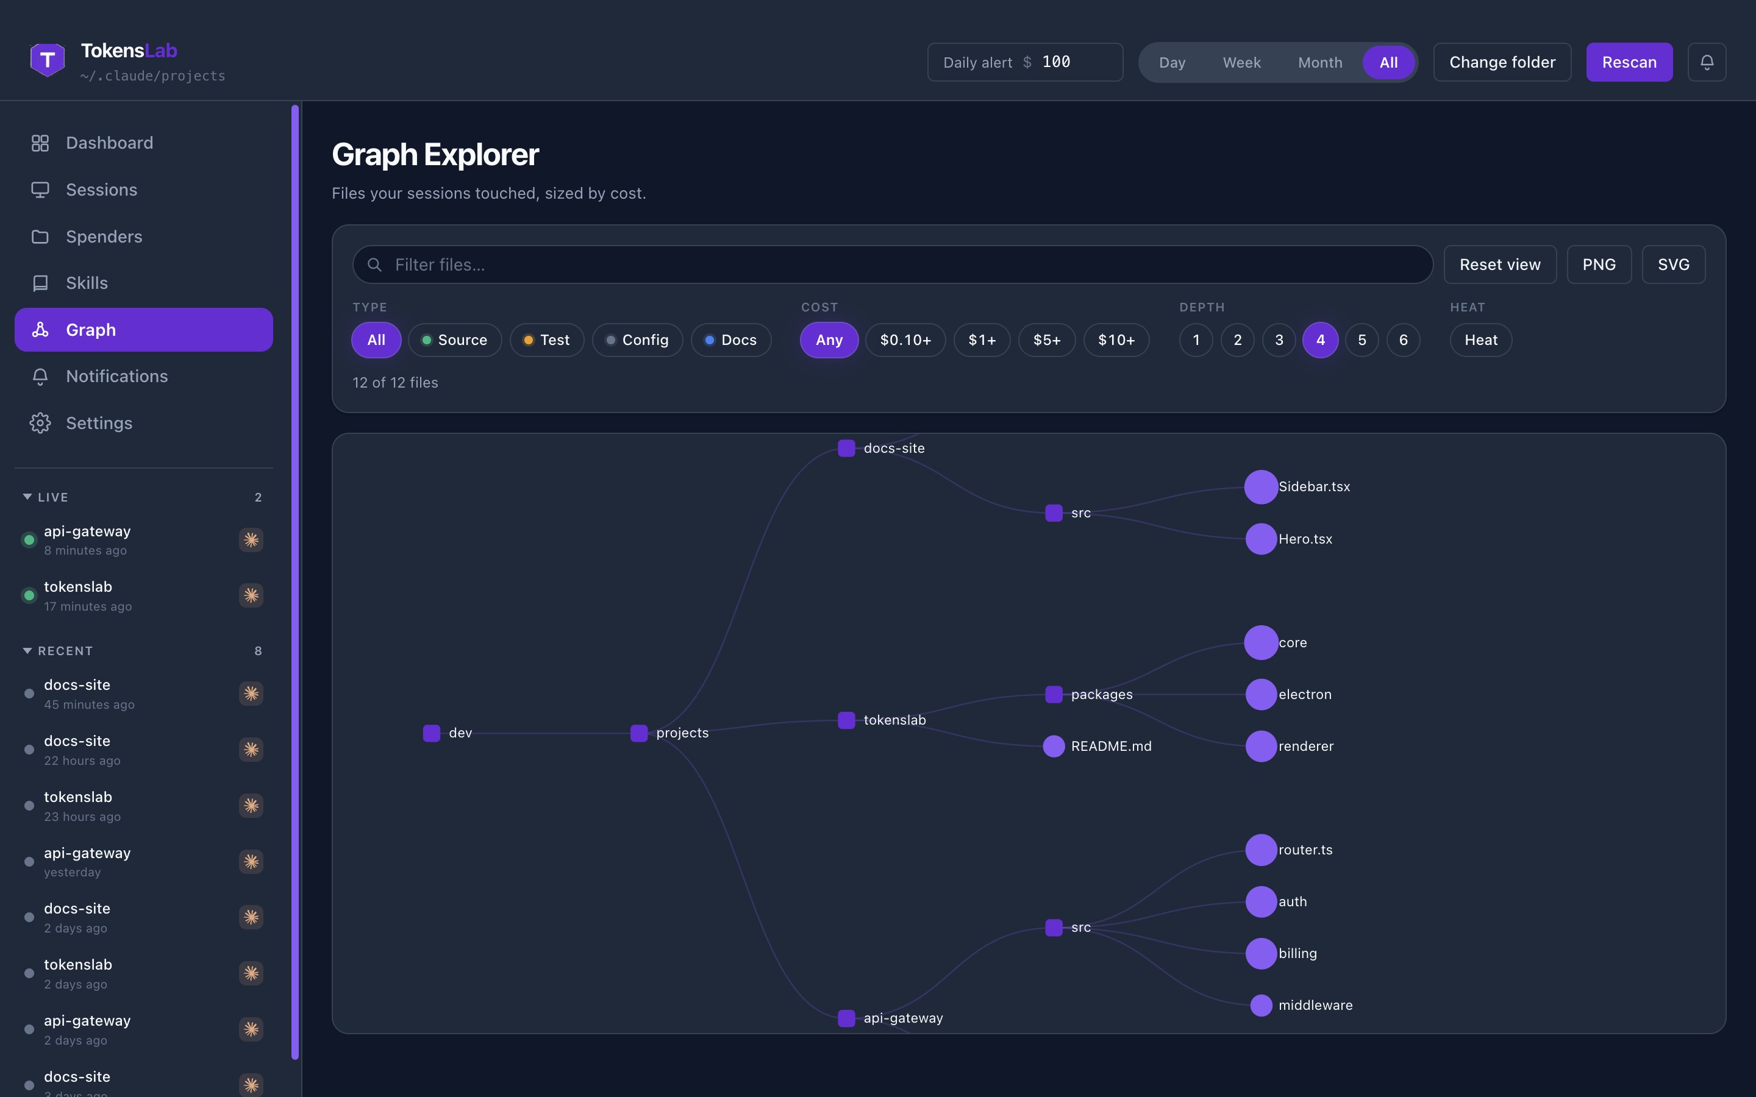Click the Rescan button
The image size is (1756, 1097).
point(1629,62)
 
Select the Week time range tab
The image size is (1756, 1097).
point(1241,62)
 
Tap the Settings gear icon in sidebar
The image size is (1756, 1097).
point(40,423)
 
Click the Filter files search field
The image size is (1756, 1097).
point(893,265)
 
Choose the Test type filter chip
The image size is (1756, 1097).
point(546,340)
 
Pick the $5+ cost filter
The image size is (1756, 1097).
point(1046,340)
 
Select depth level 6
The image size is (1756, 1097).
point(1404,340)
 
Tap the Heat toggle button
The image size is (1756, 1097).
point(1481,340)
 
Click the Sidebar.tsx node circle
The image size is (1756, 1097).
point(1261,487)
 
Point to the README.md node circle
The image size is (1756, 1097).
point(1054,746)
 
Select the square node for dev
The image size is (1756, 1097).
point(432,733)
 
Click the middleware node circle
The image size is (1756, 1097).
point(1261,1005)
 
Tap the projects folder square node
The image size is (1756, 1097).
point(638,733)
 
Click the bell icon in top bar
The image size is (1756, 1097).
point(1707,62)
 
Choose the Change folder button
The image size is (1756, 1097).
point(1502,62)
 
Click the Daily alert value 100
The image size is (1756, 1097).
point(1056,62)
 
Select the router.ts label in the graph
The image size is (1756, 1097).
point(1305,850)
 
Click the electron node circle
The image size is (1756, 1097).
point(1261,694)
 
